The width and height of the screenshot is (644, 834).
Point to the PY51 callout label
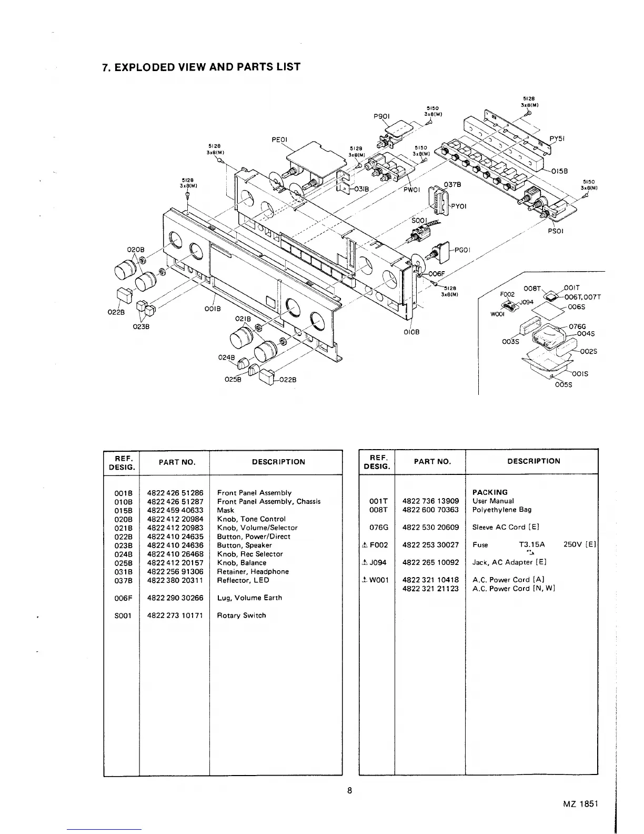click(557, 139)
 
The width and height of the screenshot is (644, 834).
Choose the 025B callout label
click(233, 379)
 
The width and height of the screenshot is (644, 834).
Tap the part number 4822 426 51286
click(175, 493)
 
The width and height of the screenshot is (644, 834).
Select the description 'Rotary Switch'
click(241, 615)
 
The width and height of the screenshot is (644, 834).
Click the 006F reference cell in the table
click(123, 598)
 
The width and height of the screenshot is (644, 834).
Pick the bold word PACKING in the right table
click(490, 492)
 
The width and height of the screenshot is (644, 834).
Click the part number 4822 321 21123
click(430, 589)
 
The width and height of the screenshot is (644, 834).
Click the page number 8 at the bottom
click(349, 790)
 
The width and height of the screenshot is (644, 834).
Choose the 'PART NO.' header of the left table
click(174, 462)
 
